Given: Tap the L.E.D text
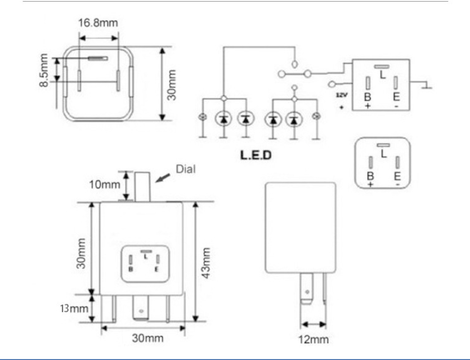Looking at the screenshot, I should point(257,154).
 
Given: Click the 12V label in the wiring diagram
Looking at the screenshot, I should point(342,95).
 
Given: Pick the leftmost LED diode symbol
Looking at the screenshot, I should point(223,119).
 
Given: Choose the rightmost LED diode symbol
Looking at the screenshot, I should point(293,119).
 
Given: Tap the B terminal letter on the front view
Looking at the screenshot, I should point(131,269).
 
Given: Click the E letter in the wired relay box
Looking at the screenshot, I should point(396,97).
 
